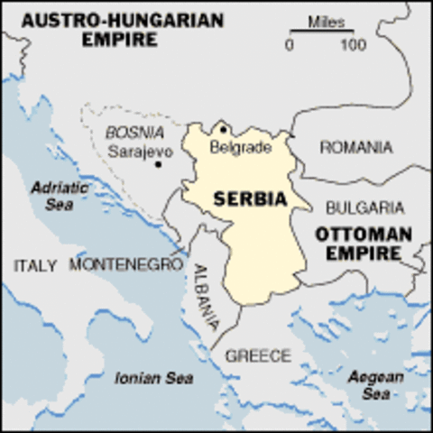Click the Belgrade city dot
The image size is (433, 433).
(x=223, y=129)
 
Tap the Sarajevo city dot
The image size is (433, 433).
(x=158, y=164)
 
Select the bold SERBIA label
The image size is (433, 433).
(x=250, y=198)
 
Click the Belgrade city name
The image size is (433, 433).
(x=240, y=147)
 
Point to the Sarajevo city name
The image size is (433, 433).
(x=140, y=152)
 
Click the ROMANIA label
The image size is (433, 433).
(x=356, y=147)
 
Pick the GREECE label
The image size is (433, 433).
(x=258, y=355)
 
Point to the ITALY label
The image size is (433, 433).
(x=36, y=265)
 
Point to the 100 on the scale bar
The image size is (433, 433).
(x=353, y=44)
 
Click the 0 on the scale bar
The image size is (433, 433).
(x=290, y=44)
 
